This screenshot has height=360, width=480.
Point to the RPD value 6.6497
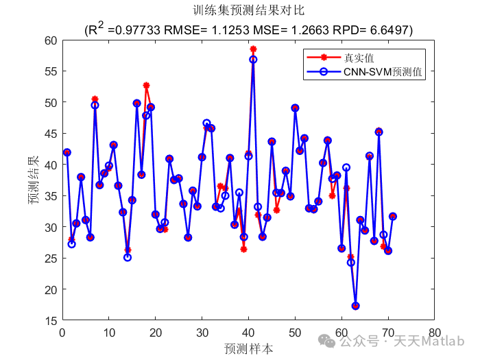[x=390, y=30]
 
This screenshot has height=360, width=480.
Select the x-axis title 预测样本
[x=248, y=348]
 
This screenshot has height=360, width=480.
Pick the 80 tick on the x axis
[x=433, y=332]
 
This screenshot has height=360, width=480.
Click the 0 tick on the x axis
[x=62, y=332]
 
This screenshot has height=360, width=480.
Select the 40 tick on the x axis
[x=248, y=332]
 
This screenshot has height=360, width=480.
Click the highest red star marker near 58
[x=253, y=49]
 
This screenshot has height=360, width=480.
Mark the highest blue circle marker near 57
[x=253, y=60]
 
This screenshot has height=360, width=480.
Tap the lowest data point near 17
[x=355, y=306]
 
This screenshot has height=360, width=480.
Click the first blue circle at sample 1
[x=67, y=152]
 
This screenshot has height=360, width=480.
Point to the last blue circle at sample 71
[x=393, y=216]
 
